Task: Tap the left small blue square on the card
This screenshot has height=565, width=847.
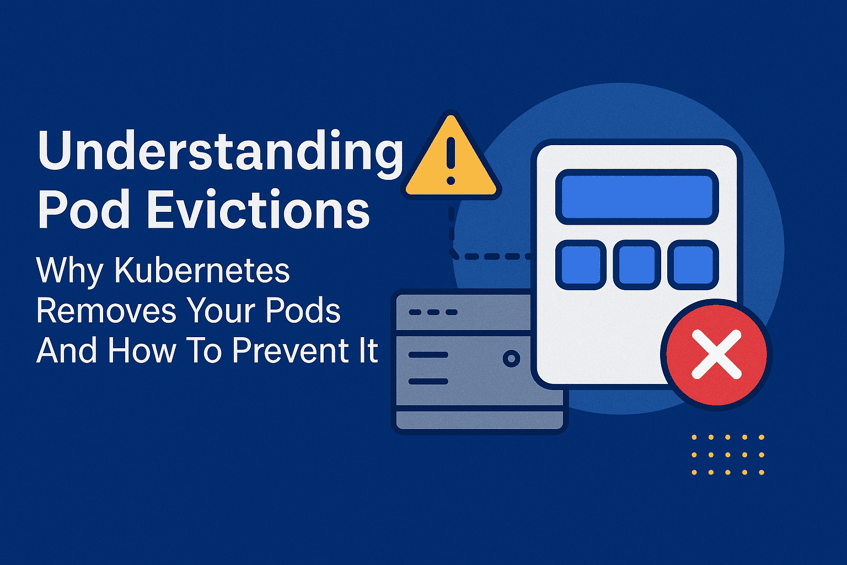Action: pyautogui.click(x=581, y=265)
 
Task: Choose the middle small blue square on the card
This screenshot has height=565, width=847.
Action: pyautogui.click(x=637, y=265)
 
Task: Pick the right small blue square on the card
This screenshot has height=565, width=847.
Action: pyautogui.click(x=693, y=265)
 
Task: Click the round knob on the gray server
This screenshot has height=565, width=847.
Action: pyautogui.click(x=511, y=359)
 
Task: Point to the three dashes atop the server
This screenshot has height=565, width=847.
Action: pyautogui.click(x=433, y=312)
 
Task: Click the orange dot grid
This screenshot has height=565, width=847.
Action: pyautogui.click(x=727, y=455)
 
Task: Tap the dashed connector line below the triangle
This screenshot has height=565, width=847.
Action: pyautogui.click(x=485, y=256)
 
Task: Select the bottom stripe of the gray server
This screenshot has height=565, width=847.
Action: pyautogui.click(x=478, y=419)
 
